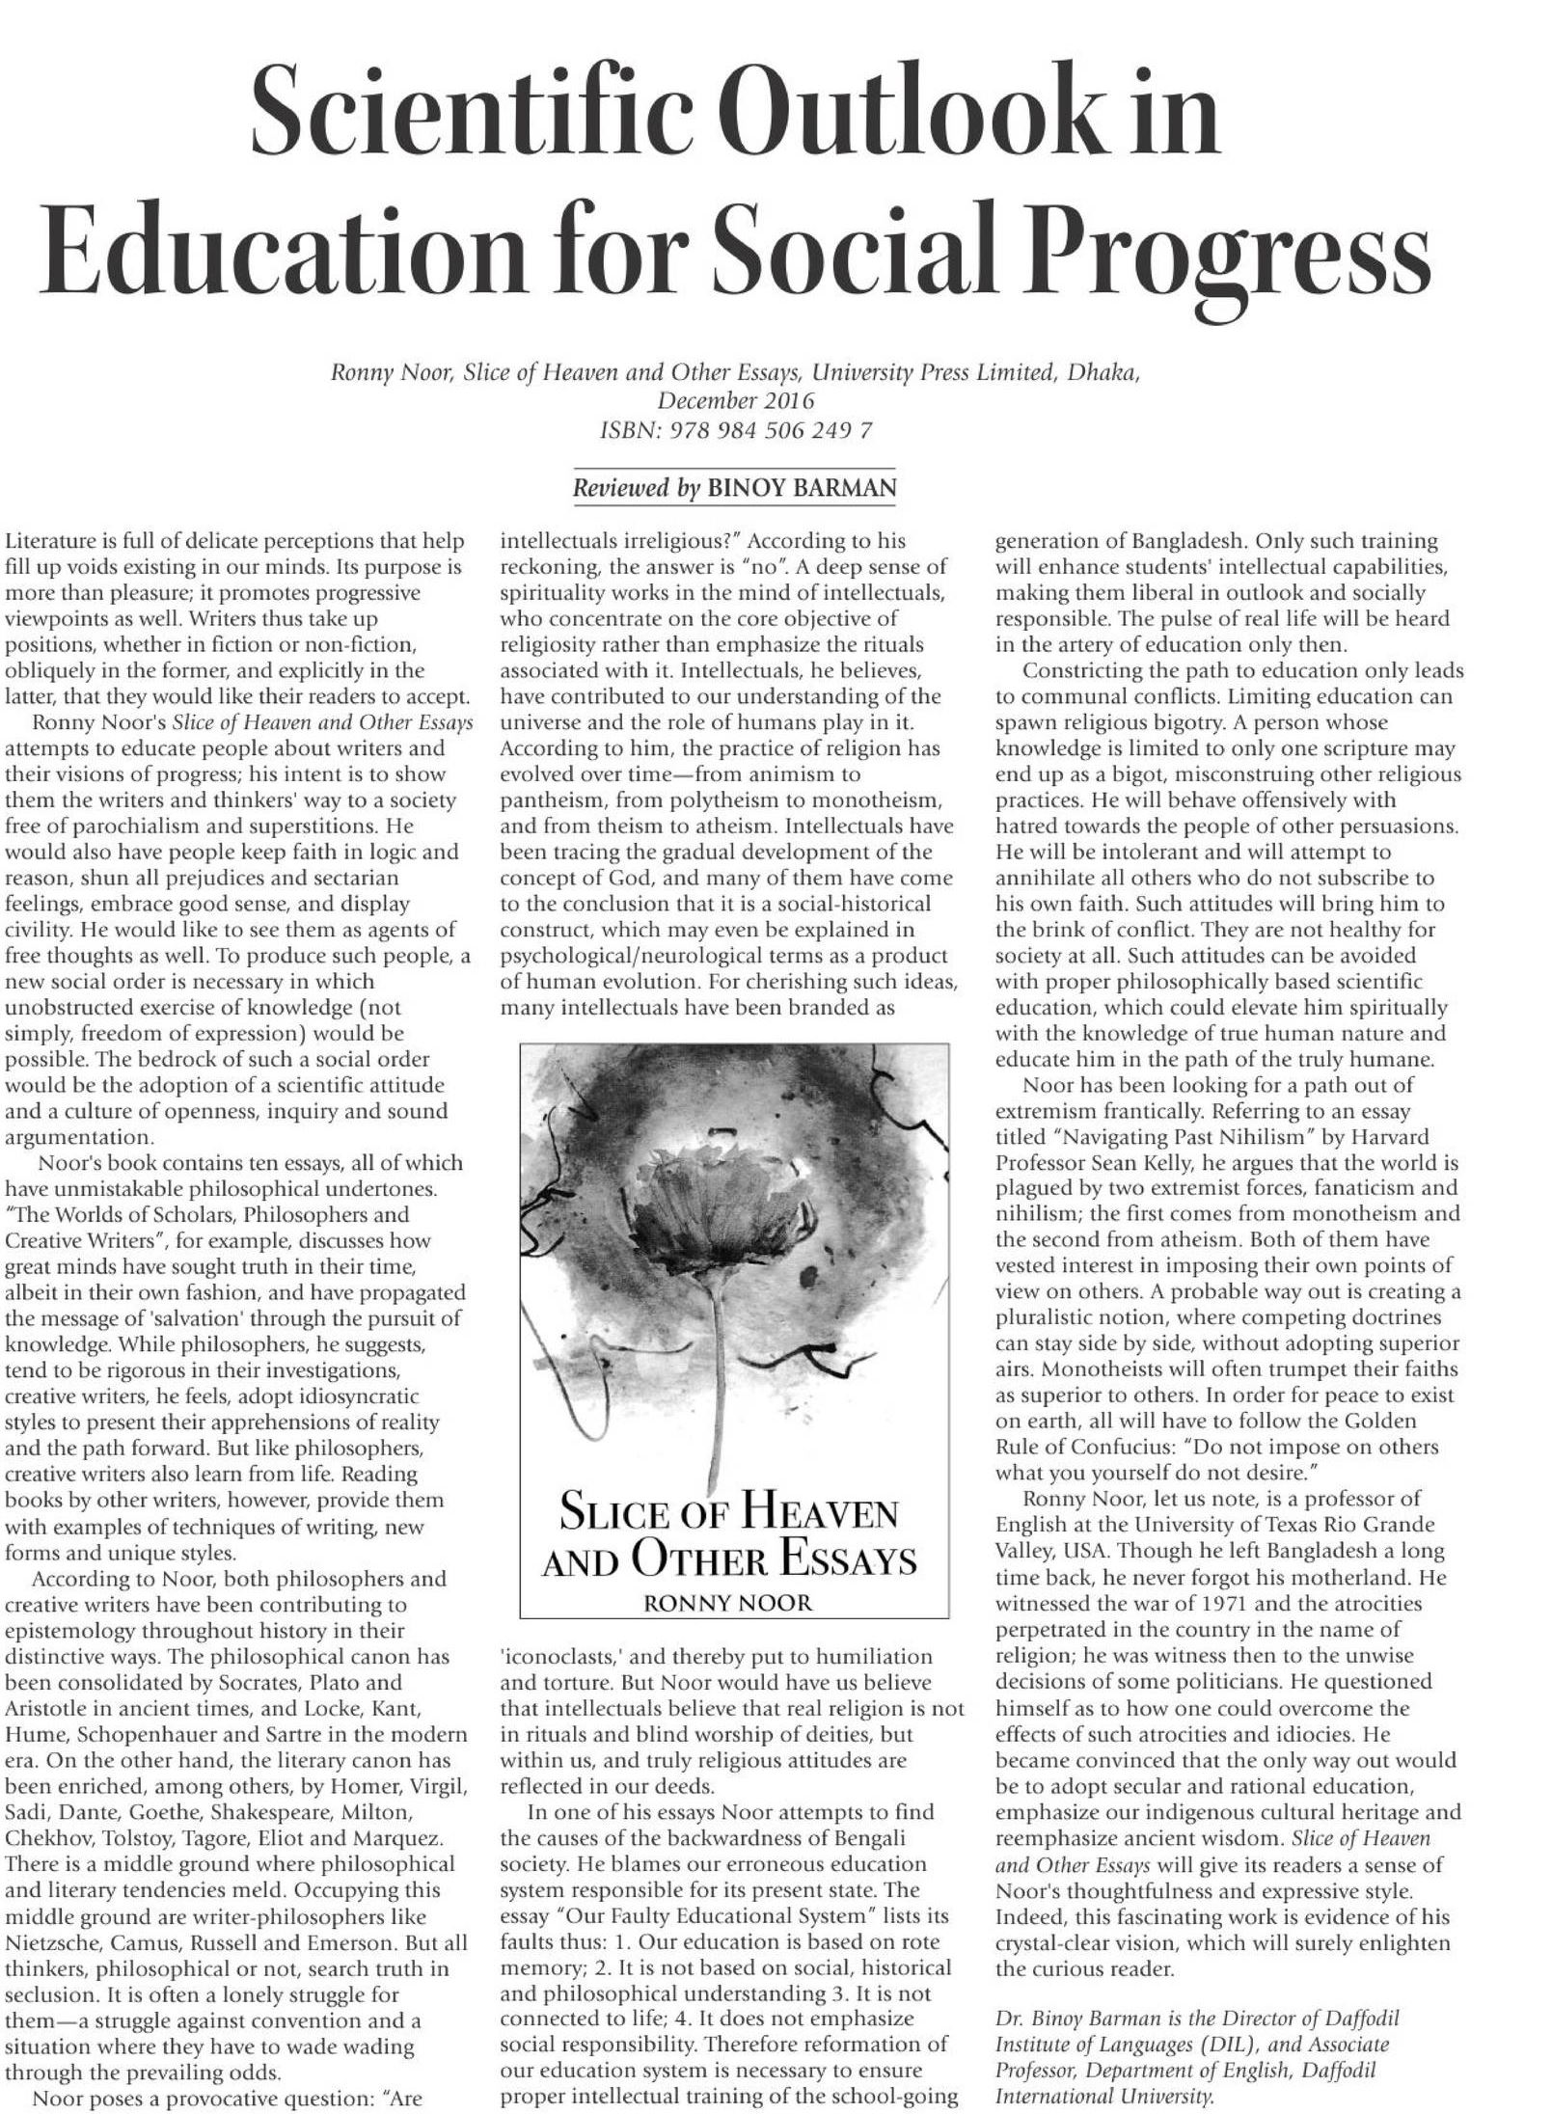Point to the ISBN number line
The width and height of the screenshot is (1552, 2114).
tap(736, 430)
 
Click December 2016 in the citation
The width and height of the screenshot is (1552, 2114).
tap(736, 400)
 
